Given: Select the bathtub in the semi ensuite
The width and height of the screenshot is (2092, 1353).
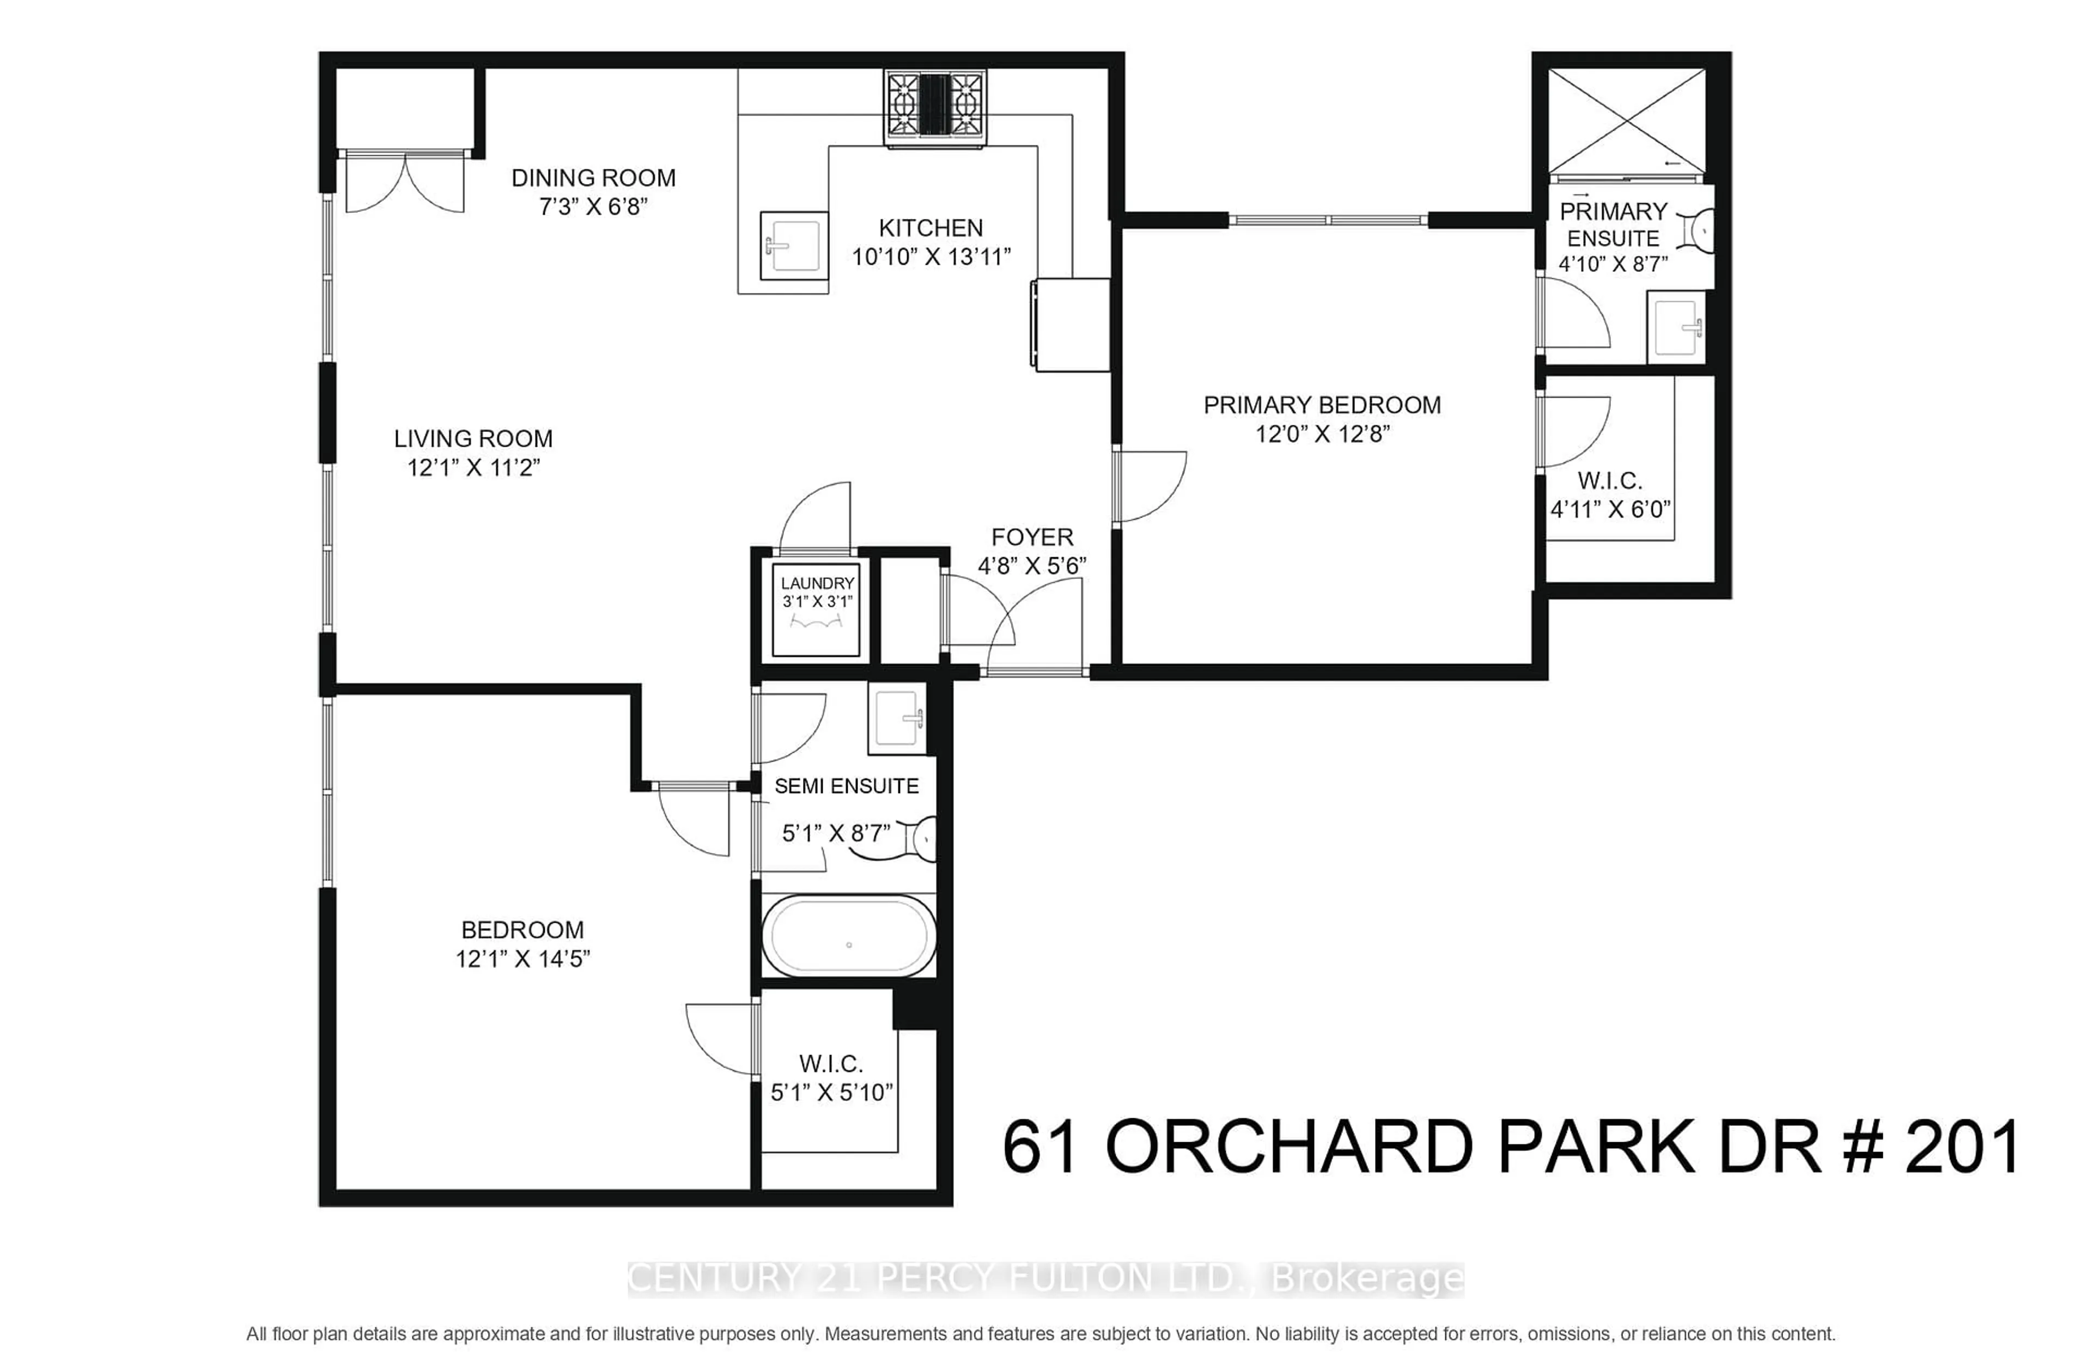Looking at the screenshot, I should [x=848, y=936].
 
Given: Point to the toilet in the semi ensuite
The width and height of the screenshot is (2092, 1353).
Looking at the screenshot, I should [x=922, y=839].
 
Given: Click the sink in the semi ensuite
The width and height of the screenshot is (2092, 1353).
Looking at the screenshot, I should [x=896, y=718].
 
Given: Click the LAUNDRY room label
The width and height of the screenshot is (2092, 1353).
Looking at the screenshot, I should [x=817, y=583].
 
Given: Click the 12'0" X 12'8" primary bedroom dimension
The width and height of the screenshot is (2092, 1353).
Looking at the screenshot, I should [x=1322, y=434].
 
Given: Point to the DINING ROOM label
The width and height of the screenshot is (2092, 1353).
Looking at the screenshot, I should [x=593, y=178].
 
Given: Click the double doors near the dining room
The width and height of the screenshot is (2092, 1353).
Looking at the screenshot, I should [x=404, y=184].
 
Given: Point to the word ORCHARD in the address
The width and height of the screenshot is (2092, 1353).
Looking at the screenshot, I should [x=1288, y=1148].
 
